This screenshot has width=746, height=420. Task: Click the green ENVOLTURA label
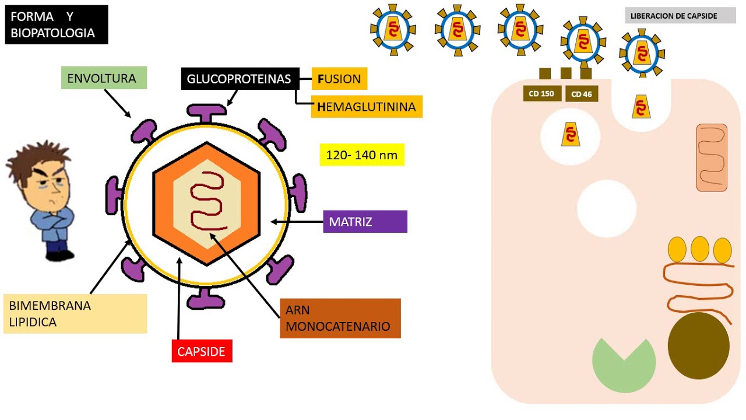coord(104,78)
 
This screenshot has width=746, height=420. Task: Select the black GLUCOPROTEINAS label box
coord(239,79)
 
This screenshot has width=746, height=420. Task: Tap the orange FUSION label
coord(339,79)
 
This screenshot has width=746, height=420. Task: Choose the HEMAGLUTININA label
coord(367,107)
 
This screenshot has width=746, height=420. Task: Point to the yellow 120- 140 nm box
coord(361,155)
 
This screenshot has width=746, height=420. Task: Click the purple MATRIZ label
coord(365,222)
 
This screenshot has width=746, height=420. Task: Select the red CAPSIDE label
coord(202,351)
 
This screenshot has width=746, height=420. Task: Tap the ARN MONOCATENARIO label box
coord(340,318)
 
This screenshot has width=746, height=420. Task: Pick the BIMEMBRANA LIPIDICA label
coord(75,314)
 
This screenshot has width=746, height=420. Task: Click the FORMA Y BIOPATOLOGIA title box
coord(57,25)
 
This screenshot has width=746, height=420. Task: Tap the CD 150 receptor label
coord(542,93)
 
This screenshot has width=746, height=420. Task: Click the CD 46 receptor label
coord(582,94)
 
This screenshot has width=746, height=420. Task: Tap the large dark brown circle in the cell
coord(698,345)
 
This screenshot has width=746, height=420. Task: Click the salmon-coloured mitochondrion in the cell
coord(712,157)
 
